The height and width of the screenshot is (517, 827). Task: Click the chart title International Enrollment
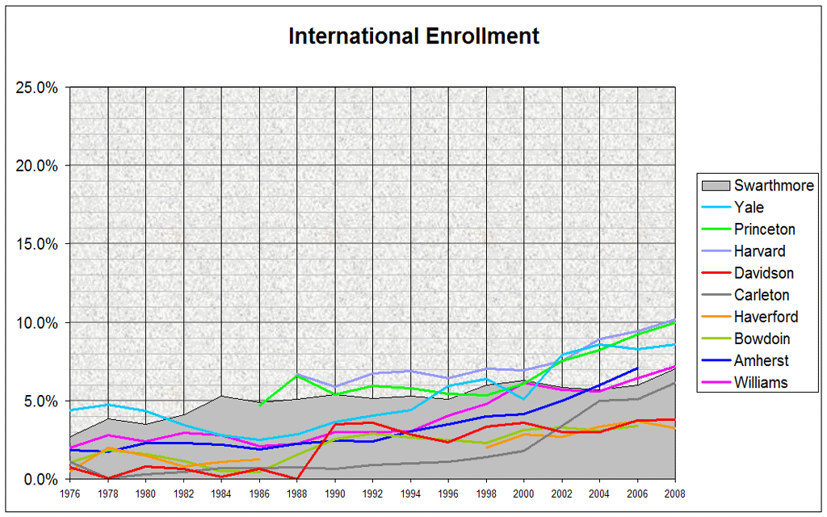click(x=413, y=36)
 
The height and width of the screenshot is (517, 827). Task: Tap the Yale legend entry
click(x=749, y=208)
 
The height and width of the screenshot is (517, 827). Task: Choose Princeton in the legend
click(x=764, y=229)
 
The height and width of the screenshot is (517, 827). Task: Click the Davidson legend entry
click(x=763, y=273)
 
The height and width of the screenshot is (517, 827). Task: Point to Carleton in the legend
click(x=762, y=295)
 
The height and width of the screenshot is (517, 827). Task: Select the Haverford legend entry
click(x=766, y=317)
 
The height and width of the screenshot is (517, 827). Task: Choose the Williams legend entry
click(x=761, y=382)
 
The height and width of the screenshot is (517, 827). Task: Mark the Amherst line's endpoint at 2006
click(x=638, y=368)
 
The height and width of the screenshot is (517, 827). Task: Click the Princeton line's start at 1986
click(x=259, y=405)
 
